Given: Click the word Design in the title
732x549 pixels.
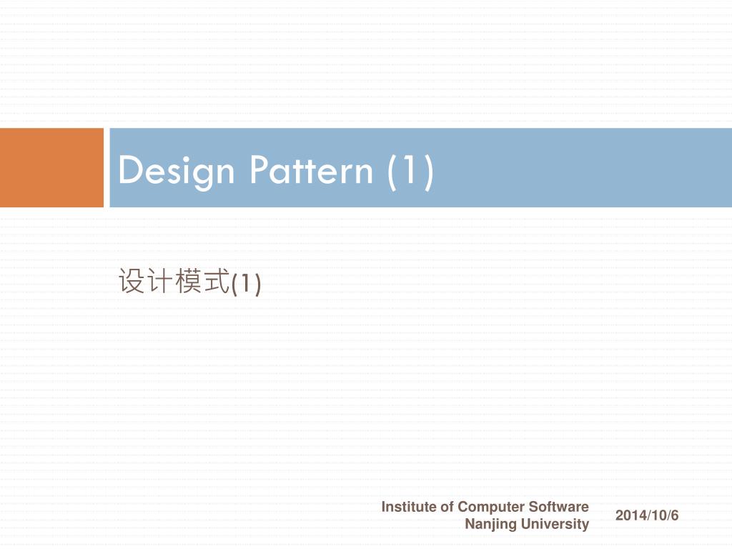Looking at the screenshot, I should [176, 172].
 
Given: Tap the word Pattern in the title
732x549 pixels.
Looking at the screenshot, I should [311, 172].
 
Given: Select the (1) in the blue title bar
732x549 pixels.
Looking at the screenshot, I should [410, 172].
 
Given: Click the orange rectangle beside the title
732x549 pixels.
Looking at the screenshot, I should [51, 167].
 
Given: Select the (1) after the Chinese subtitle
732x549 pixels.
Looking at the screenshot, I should [247, 283].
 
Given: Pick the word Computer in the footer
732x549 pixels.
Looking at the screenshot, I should [490, 507].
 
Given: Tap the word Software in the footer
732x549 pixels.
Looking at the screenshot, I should [558, 507].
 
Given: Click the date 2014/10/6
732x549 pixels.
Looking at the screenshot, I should [647, 515].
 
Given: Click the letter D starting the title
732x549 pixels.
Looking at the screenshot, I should [129, 172].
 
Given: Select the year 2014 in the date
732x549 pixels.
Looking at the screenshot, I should [628, 515].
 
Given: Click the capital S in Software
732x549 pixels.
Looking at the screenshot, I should [533, 507].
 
